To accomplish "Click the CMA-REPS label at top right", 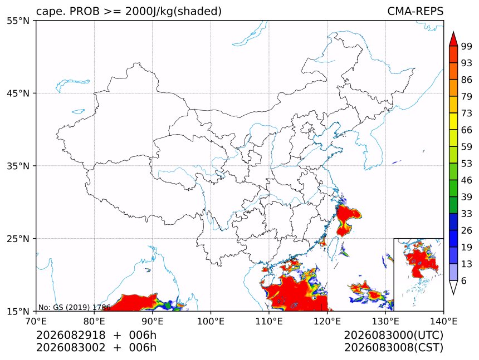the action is pyautogui.click(x=415, y=11).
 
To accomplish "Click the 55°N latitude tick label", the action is pyautogui.click(x=18, y=21).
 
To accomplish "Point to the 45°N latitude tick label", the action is pyautogui.click(x=18, y=93).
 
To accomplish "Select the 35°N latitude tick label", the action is pyautogui.click(x=18, y=166).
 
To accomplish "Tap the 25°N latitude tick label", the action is pyautogui.click(x=18, y=239).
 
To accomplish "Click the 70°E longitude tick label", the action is pyautogui.click(x=36, y=321).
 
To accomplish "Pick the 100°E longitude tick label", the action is pyautogui.click(x=211, y=321).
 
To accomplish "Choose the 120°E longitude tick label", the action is pyautogui.click(x=327, y=321).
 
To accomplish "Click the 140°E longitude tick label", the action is pyautogui.click(x=443, y=321).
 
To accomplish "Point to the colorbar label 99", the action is pyautogui.click(x=467, y=46).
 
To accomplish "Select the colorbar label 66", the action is pyautogui.click(x=467, y=130).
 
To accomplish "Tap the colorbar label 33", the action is pyautogui.click(x=467, y=214).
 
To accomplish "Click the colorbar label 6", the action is pyautogui.click(x=464, y=280).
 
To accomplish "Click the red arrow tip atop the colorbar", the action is pyautogui.click(x=453, y=32).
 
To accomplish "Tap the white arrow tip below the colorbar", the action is pyautogui.click(x=453, y=294).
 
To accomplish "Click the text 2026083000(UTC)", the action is pyautogui.click(x=393, y=336).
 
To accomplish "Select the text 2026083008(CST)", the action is pyautogui.click(x=393, y=348).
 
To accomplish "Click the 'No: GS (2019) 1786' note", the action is pyautogui.click(x=74, y=307).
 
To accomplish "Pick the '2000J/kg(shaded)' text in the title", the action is pyautogui.click(x=174, y=11).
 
